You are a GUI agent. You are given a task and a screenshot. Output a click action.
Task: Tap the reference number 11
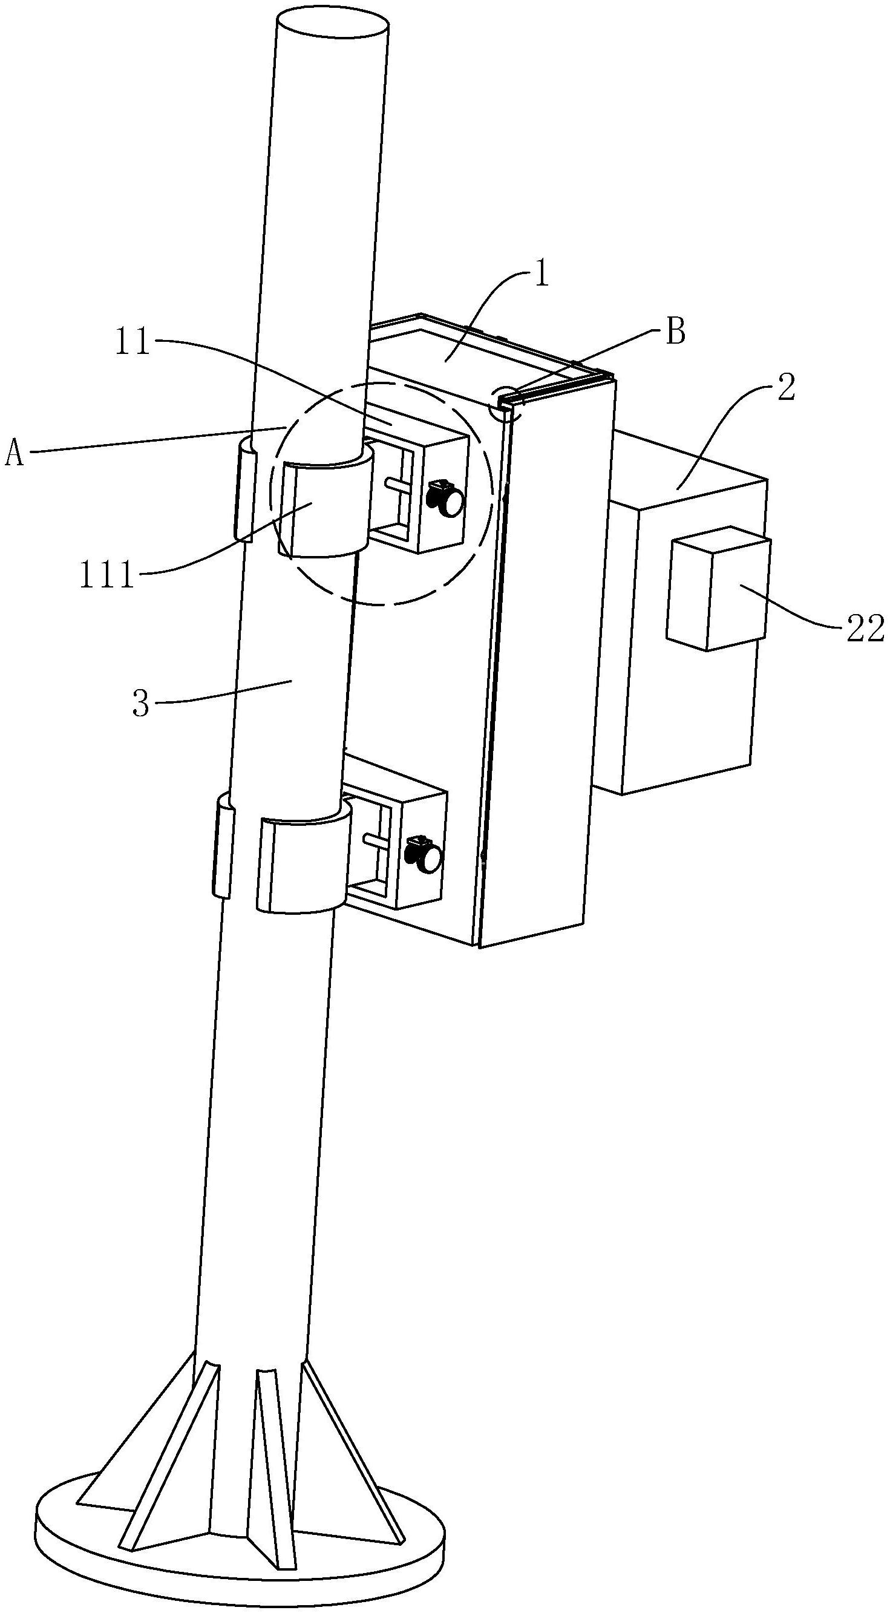point(133,344)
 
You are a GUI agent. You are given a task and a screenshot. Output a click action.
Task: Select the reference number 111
point(106,574)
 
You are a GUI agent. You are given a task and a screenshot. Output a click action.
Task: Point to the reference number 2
point(785,389)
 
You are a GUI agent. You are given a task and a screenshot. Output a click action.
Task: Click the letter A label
point(15,453)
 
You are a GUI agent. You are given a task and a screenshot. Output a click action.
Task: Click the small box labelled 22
point(717,586)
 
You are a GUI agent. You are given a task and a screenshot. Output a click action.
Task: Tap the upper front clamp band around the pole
point(323,508)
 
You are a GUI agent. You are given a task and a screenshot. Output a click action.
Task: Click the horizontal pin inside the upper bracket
point(399,483)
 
